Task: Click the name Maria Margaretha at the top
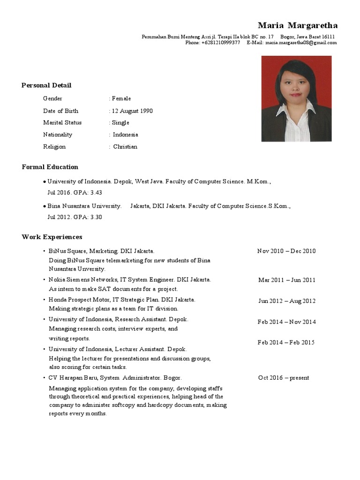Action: pos(297,25)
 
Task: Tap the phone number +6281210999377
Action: pos(220,43)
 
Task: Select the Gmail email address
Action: pos(301,43)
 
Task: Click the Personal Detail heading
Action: pos(46,85)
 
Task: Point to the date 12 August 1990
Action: pos(132,111)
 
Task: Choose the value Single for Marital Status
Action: pos(120,123)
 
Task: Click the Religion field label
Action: pos(54,147)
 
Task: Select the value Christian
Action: pos(125,147)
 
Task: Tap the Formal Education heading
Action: pos(50,167)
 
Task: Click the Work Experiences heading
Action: pos(52,237)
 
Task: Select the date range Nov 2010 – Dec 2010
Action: pos(286,251)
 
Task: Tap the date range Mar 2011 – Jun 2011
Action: pos(287,280)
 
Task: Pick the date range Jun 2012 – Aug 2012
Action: pos(287,301)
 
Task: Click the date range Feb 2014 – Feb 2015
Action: pos(286,342)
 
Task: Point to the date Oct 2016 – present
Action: pos(284,378)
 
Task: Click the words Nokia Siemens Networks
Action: pos(83,279)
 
